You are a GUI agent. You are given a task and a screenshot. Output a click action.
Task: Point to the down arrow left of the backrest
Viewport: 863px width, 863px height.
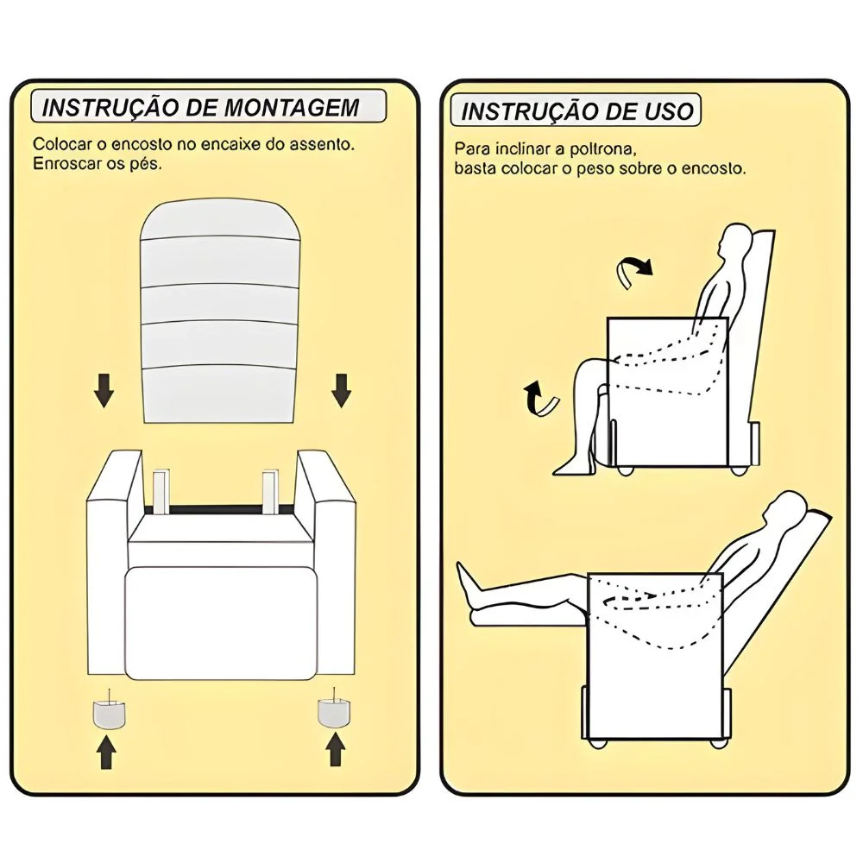click(104, 390)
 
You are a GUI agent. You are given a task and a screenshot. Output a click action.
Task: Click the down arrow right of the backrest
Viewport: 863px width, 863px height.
click(341, 390)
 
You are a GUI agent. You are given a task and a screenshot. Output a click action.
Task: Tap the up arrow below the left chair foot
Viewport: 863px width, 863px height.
click(106, 753)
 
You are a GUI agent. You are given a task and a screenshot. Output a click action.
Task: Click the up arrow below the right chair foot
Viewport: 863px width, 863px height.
click(335, 750)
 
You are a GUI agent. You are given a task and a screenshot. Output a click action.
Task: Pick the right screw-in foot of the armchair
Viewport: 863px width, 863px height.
click(334, 712)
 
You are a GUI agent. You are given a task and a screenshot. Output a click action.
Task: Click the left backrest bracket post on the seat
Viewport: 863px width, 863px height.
click(161, 492)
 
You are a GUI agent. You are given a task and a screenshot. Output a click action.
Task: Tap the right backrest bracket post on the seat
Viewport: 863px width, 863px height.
click(271, 492)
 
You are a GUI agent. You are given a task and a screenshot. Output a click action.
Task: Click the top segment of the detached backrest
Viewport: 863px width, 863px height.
click(220, 220)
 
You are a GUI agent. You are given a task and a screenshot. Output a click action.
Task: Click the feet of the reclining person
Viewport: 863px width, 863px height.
click(470, 594)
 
